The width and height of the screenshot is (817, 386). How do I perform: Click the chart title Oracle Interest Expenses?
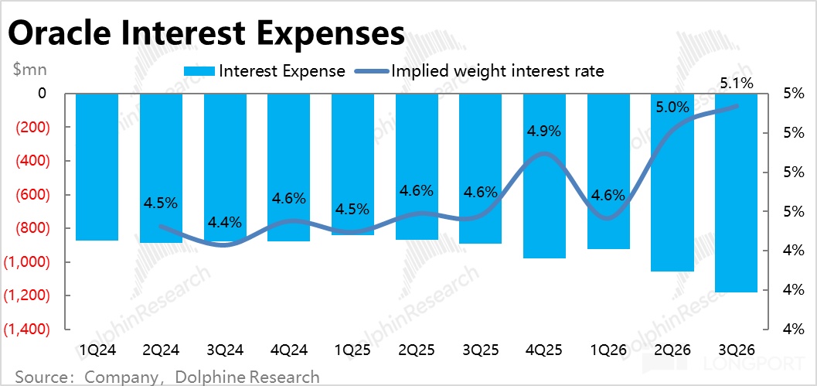(x=206, y=34)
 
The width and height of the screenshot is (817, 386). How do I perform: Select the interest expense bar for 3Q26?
(x=737, y=193)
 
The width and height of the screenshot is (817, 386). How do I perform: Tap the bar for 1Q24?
(x=97, y=166)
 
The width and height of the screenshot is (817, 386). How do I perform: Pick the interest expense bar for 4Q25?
(x=545, y=176)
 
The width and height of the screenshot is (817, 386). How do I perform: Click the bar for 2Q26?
(x=672, y=182)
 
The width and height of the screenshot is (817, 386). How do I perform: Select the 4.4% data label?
(x=225, y=223)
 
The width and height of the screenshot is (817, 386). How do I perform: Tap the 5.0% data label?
(x=672, y=108)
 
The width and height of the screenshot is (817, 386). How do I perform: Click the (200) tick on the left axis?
(x=28, y=128)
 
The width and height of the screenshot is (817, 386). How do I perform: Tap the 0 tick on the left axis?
(x=41, y=94)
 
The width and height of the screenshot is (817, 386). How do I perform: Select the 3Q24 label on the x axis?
(x=225, y=350)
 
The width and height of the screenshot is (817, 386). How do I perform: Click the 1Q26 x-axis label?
(x=608, y=350)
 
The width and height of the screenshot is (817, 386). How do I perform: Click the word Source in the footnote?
(x=40, y=377)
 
